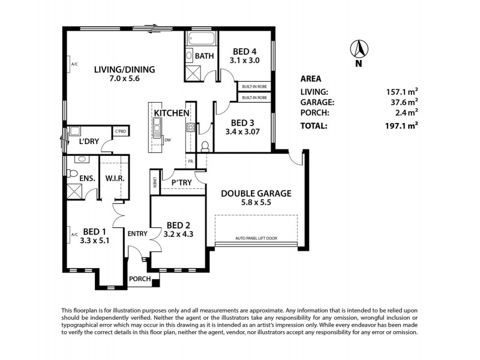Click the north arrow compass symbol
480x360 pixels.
click(x=359, y=50)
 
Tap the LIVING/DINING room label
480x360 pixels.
click(x=125, y=70)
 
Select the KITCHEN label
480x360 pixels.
click(x=172, y=113)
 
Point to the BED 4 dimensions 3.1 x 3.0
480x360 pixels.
click(x=244, y=61)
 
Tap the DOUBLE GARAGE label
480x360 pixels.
click(x=256, y=193)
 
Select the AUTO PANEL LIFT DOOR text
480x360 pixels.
click(x=256, y=238)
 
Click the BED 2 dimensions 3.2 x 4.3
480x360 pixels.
click(x=178, y=233)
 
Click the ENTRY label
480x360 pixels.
click(x=137, y=233)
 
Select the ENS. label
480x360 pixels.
click(x=79, y=178)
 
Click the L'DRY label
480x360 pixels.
click(x=89, y=142)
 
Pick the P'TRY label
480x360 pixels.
click(x=181, y=182)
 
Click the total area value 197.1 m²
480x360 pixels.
click(x=401, y=126)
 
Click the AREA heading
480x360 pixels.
click(x=310, y=79)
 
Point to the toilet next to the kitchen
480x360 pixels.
click(x=204, y=146)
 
